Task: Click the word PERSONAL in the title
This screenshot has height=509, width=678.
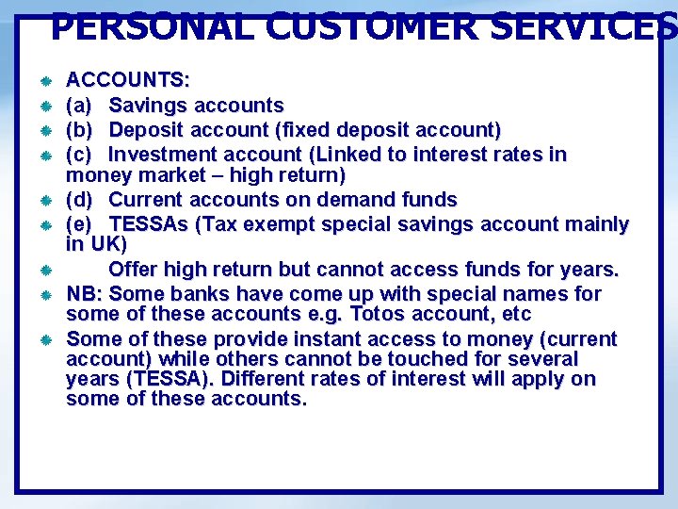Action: point(152,27)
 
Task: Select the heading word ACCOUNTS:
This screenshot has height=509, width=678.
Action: point(128,81)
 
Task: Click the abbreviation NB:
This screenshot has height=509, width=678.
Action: point(85,293)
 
